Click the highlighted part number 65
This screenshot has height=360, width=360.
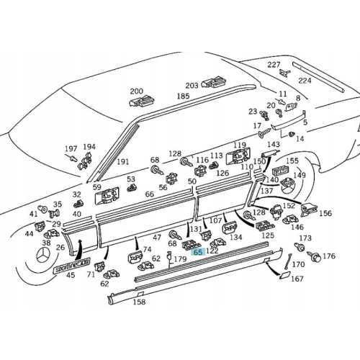(x=198, y=252)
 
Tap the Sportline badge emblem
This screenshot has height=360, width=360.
(x=71, y=265)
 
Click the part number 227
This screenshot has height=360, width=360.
(x=274, y=65)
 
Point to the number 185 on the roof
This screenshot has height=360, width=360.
(x=183, y=96)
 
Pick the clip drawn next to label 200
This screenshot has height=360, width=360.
(x=141, y=102)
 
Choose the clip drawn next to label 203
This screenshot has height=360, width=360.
(x=214, y=81)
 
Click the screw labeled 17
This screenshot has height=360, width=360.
(x=264, y=132)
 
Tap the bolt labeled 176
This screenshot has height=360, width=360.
(x=314, y=256)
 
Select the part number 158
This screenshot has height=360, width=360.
(x=140, y=302)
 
